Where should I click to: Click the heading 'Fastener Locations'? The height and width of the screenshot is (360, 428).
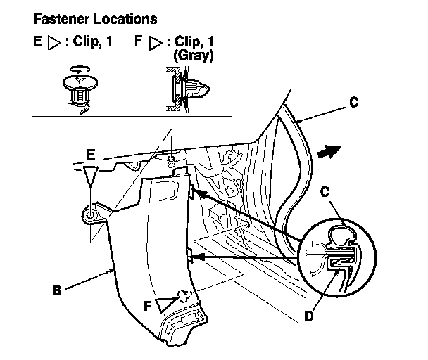coord(95,19)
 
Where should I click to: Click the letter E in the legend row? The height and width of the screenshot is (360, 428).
coord(37,41)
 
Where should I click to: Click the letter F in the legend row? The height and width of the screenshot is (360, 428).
coord(139,41)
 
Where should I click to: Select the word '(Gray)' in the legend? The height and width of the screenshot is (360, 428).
coord(194,55)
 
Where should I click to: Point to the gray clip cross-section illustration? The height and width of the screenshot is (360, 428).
coord(188,89)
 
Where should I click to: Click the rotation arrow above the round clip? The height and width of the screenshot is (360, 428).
coord(80,70)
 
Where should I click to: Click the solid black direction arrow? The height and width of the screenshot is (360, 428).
coord(329,152)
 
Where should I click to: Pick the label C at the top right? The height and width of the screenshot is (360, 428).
coord(354,103)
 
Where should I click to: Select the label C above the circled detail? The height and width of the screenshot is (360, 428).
coord(325,192)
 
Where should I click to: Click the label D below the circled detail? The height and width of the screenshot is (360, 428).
coord(309,316)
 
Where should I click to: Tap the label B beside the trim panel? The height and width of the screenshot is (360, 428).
coord(56,290)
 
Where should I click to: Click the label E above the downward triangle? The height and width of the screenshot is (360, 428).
coord(91,155)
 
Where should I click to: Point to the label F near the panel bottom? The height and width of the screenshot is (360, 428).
coord(147,306)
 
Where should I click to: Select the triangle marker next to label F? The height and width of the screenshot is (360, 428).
coord(165,304)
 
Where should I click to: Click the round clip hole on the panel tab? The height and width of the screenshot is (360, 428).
coord(90,216)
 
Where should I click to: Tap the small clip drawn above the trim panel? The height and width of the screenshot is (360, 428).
coord(171,161)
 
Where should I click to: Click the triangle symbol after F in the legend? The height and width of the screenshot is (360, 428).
coord(155,43)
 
